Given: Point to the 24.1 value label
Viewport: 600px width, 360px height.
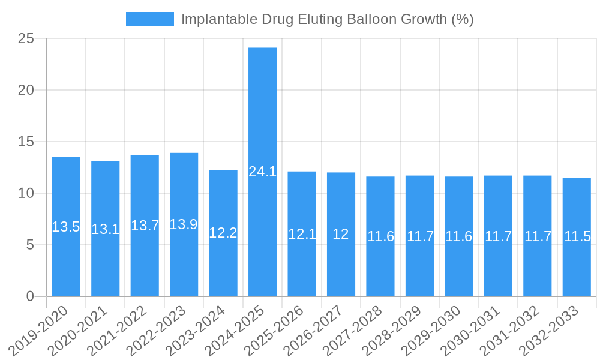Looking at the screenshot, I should coord(262,172).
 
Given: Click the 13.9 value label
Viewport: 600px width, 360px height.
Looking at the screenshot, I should coord(184,224).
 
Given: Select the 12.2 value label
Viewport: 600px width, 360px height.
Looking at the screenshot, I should coord(223,233).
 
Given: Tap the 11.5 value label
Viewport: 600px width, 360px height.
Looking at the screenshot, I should coord(577,236).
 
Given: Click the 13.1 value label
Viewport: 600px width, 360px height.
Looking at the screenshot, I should coord(105,229).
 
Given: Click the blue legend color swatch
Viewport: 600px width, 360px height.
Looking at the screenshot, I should coord(149,19).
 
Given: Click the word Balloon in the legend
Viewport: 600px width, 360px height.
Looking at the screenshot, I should coord(377,19).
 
